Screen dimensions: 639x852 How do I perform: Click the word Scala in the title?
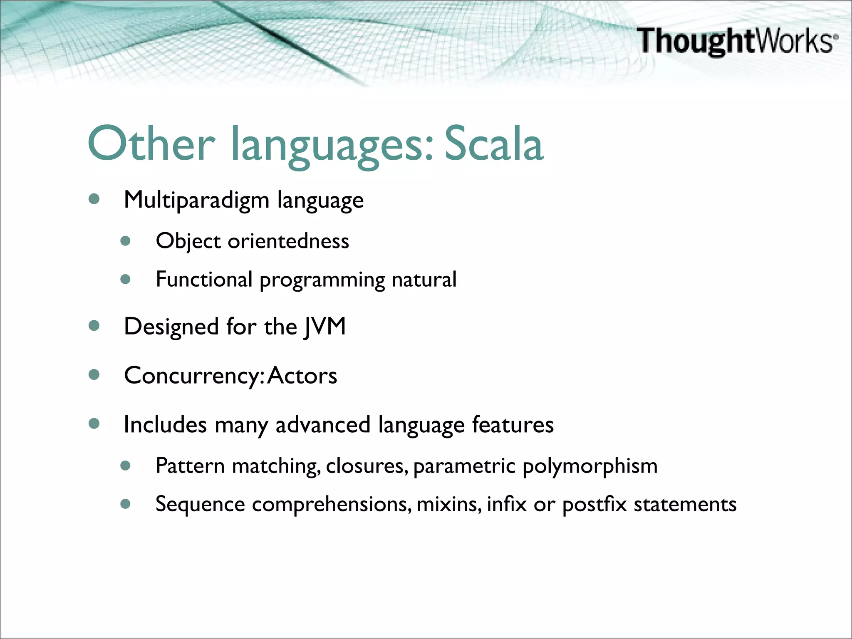coord(494,144)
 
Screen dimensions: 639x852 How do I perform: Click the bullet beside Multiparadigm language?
coord(94,199)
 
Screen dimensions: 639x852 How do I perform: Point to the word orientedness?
coord(288,241)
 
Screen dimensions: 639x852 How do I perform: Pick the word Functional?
coord(204,279)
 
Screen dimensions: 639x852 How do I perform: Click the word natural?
coord(424,280)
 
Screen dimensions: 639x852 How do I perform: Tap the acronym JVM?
coord(325,326)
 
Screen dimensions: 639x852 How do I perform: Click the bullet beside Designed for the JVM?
coord(94,326)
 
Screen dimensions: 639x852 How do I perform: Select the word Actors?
coord(302,376)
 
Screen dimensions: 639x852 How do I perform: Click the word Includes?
coord(165,425)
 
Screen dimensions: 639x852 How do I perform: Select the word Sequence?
coord(200,505)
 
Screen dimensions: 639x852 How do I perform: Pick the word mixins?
coord(448,504)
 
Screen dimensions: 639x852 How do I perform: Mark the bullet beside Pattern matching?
coord(126,466)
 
